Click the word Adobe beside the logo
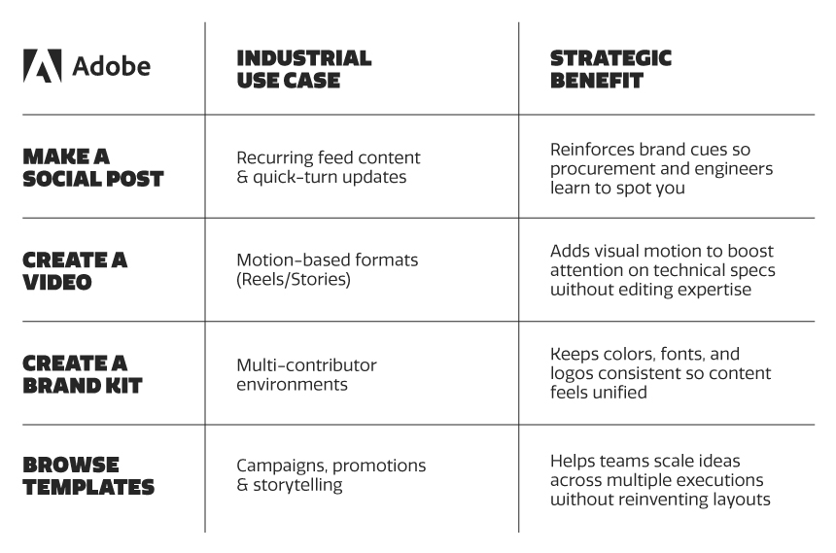point(111,66)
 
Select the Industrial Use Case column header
point(304,69)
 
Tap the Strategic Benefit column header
point(610,69)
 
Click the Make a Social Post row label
point(92,167)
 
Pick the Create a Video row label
point(75,270)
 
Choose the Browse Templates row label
point(88,476)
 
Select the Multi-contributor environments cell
point(306,374)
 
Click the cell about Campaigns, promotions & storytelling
point(331,475)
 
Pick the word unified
point(623,393)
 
